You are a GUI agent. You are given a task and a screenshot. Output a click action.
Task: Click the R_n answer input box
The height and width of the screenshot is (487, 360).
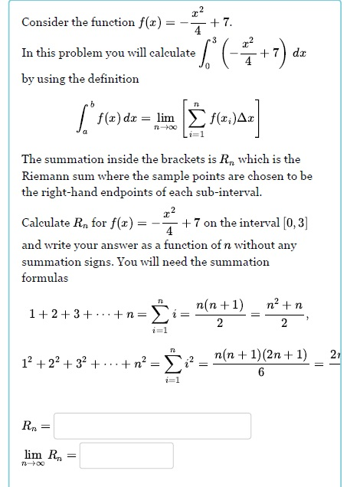tap(152, 426)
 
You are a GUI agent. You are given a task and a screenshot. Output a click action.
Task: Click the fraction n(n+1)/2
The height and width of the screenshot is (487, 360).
tap(220, 314)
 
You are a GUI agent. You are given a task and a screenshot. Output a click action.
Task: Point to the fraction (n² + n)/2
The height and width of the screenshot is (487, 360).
tap(285, 314)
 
